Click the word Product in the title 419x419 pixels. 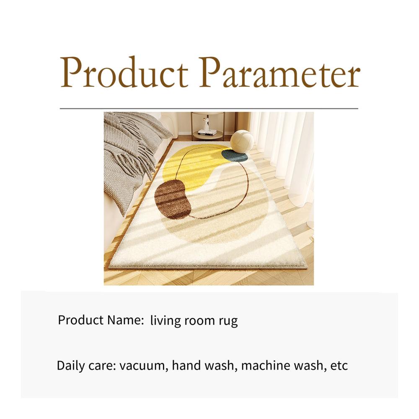124,72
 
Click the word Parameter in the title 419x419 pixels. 279,72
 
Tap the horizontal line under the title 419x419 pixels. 209,109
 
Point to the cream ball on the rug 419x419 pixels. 242,142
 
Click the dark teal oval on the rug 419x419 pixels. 235,156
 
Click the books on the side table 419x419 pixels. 207,132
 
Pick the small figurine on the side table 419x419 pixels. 206,123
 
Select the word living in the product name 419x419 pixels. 166,321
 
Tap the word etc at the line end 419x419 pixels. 339,366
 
